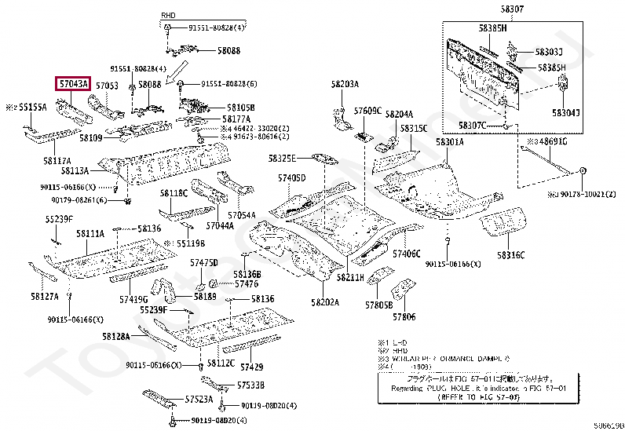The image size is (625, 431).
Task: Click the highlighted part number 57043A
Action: pyautogui.click(x=72, y=84)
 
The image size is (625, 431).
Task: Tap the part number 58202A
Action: pyautogui.click(x=324, y=302)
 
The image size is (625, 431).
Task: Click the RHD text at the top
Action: pyautogui.click(x=168, y=16)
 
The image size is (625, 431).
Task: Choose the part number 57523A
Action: pyautogui.click(x=199, y=400)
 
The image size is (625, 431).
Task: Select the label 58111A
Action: pyautogui.click(x=90, y=234)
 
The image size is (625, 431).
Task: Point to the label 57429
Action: pyautogui.click(x=252, y=367)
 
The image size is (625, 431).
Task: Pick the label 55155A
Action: pyautogui.click(x=32, y=106)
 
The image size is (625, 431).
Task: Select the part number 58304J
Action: pyautogui.click(x=565, y=113)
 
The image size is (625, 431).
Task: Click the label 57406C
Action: pyautogui.click(x=407, y=254)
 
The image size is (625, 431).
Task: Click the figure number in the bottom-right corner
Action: pyautogui.click(x=608, y=425)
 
